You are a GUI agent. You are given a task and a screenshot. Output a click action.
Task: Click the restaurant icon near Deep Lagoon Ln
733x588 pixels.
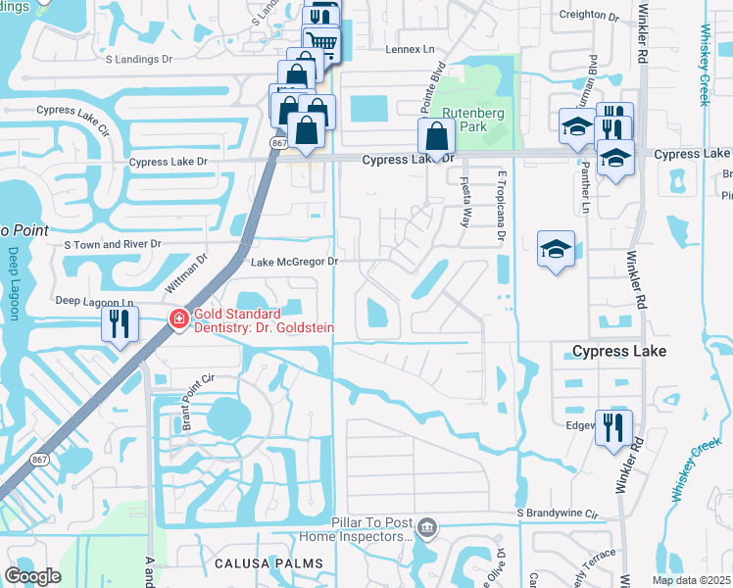(120, 324)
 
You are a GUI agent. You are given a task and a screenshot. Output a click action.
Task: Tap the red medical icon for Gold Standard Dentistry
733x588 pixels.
(178, 318)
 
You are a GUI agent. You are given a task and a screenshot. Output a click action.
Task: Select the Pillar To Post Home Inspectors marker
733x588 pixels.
(426, 529)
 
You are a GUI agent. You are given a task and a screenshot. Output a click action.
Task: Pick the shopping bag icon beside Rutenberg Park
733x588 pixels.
(436, 136)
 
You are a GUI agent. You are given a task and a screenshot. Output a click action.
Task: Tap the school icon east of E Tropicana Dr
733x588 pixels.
(556, 249)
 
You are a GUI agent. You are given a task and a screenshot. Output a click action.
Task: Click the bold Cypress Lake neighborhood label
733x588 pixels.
(619, 351)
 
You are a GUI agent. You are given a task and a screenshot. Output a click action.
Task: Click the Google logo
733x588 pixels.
(32, 575)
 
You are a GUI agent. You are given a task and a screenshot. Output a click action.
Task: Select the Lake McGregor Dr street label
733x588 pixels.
(294, 262)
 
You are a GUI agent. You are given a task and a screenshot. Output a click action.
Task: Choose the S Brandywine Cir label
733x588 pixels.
(562, 513)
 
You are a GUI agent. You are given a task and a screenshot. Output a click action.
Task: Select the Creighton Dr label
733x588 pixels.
(589, 16)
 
